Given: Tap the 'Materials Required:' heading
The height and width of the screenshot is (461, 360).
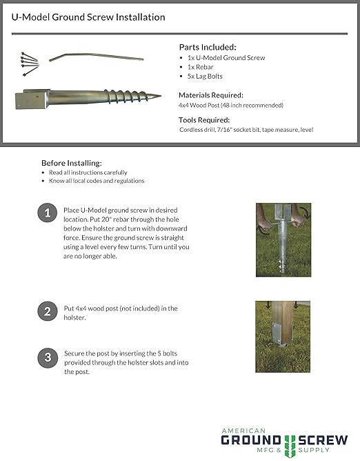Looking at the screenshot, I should click(212, 95).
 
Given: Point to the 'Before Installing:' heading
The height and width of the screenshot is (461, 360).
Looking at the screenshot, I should click(72, 163).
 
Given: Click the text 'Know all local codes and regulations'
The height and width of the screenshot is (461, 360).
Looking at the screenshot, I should click(97, 181).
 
